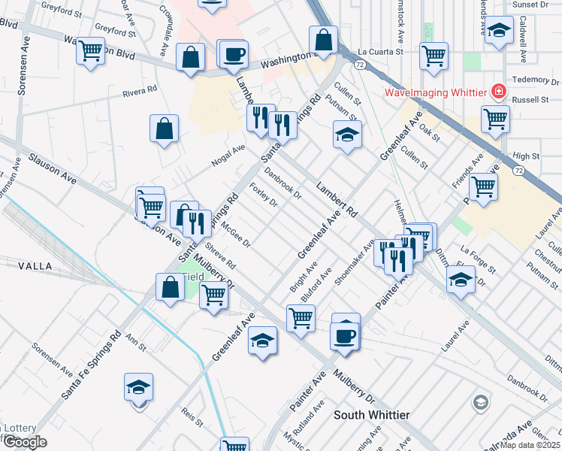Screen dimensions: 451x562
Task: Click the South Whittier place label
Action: [x=371, y=415]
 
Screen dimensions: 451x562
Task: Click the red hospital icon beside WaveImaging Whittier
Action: [x=497, y=92]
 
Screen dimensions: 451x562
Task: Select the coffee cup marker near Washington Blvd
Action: [x=234, y=54]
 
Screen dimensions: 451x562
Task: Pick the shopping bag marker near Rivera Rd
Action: [x=164, y=129]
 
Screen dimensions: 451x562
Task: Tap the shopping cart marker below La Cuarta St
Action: [x=434, y=56]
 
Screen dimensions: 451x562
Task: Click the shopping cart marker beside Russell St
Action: [x=495, y=119]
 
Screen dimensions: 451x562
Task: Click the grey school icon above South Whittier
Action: [x=480, y=403]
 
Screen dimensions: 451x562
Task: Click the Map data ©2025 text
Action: [x=530, y=445]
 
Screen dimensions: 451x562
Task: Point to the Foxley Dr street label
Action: [x=264, y=196]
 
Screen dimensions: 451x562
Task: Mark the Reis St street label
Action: [x=194, y=419]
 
